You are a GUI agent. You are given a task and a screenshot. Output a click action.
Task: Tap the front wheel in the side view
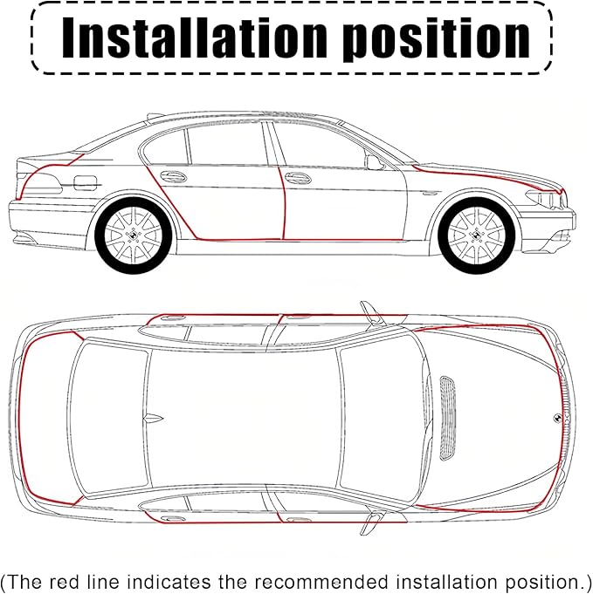[477, 236]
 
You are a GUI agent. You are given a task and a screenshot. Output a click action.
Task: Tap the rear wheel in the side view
[133, 236]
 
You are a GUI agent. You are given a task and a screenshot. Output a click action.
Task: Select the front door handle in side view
[298, 178]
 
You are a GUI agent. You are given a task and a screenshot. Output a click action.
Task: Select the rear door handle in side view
[173, 176]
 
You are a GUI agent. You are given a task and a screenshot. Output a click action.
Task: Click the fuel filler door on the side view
[86, 183]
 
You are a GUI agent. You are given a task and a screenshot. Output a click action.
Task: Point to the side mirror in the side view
[374, 162]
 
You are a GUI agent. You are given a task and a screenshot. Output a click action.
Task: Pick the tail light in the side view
[40, 184]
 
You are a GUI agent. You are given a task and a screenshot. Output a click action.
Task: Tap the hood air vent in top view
[448, 418]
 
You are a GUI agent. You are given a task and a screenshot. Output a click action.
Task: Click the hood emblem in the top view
[558, 418]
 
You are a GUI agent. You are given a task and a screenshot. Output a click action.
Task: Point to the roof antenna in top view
[153, 418]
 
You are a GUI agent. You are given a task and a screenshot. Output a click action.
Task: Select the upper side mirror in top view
[373, 313]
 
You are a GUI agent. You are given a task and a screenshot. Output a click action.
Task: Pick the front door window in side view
[319, 146]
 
